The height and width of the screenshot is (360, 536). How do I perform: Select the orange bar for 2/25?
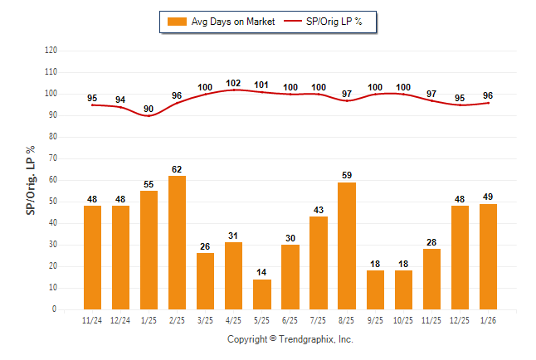point(177,242)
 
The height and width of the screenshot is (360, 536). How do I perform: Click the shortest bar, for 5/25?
point(262,294)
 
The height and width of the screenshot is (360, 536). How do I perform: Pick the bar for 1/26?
point(488,256)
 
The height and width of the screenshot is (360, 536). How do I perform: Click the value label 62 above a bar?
point(177,168)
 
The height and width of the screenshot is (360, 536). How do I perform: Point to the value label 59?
point(347,175)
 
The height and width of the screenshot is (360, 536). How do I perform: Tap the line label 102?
point(233,83)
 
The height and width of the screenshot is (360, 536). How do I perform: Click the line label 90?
point(149,109)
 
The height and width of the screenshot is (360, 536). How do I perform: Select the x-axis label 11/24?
point(92,320)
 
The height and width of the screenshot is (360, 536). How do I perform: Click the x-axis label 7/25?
point(319,320)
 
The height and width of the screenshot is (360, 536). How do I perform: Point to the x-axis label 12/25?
point(460,320)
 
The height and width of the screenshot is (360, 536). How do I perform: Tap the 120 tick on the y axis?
point(51,51)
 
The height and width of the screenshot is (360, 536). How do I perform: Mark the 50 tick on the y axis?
point(52,202)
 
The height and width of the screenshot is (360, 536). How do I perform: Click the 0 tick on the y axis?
point(55,309)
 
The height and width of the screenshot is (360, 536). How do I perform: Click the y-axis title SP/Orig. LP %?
point(31,179)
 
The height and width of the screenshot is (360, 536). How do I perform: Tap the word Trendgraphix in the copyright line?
point(308,339)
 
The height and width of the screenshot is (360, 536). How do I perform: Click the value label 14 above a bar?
point(262,272)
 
